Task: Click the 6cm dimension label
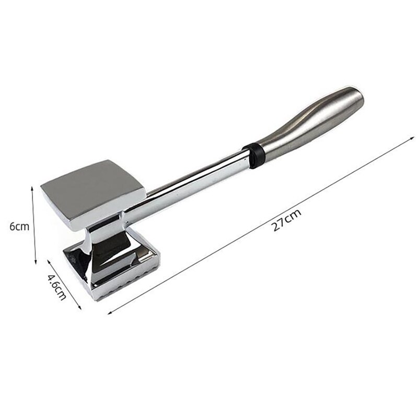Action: [19, 226]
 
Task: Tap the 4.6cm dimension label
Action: [57, 287]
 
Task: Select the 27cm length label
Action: [287, 218]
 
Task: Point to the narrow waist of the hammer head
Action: [104, 238]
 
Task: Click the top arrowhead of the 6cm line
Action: [33, 189]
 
